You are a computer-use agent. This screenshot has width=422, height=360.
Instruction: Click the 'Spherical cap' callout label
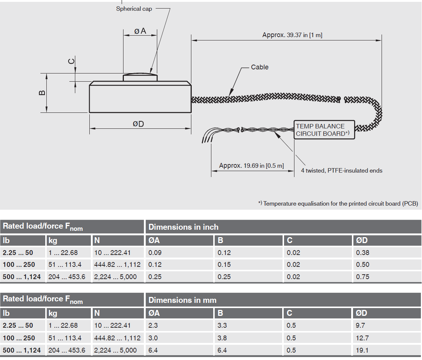134,9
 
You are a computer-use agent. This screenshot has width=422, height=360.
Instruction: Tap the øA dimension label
140,31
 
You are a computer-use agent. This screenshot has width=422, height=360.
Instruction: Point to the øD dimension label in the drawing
138,124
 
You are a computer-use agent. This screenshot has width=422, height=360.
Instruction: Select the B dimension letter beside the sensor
42,92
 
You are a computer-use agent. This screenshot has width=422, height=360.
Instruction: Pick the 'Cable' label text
260,67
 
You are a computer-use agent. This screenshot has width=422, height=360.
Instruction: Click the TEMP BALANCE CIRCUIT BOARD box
324,130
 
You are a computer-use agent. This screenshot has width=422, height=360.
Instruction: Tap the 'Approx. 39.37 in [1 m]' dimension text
292,35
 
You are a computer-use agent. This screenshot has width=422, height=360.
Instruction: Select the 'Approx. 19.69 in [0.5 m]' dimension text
251,166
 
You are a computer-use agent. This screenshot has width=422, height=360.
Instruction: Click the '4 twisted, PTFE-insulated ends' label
342,171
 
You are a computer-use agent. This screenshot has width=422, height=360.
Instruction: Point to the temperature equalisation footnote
338,203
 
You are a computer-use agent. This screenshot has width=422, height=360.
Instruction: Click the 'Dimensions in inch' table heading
184,227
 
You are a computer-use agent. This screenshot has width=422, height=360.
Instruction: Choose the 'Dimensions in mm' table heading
182,300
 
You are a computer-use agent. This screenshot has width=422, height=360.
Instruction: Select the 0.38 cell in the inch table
363,253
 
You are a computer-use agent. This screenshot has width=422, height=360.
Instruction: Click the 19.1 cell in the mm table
362,350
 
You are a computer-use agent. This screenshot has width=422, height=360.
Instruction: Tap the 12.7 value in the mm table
362,338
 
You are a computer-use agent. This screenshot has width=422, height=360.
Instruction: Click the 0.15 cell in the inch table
224,265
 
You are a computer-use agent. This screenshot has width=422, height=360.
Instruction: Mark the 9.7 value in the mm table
360,325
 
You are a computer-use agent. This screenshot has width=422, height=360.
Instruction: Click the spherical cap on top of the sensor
140,76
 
